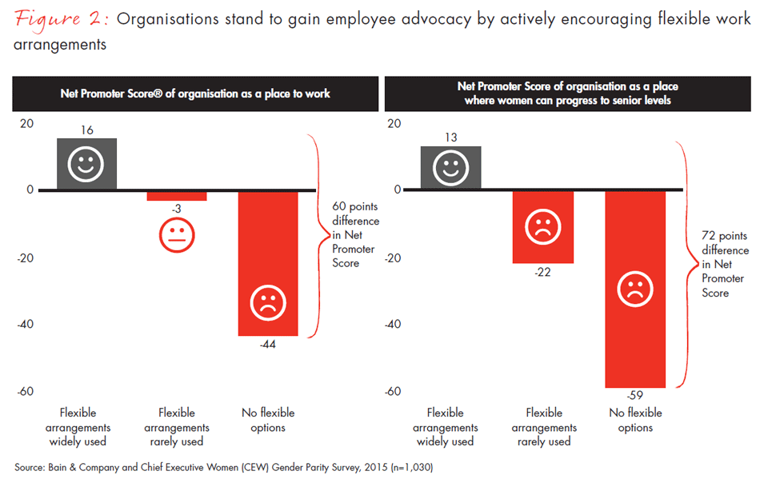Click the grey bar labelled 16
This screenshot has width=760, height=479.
(86, 164)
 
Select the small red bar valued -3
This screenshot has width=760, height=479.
(177, 196)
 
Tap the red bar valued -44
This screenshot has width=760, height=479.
(268, 263)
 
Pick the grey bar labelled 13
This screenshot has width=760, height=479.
(451, 168)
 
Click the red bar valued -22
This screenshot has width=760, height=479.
(543, 226)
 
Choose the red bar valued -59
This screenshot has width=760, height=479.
(635, 289)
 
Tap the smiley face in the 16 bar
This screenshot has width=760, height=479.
(86, 166)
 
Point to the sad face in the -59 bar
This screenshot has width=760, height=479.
(635, 289)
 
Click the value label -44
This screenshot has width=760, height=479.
(268, 345)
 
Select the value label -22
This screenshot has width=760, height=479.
(542, 273)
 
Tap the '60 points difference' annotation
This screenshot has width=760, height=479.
(355, 234)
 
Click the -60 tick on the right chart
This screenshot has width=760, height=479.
(392, 391)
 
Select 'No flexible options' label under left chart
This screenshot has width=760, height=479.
(268, 420)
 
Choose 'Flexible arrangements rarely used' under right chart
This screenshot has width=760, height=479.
(544, 427)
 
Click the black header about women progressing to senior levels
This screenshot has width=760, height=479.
(567, 94)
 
